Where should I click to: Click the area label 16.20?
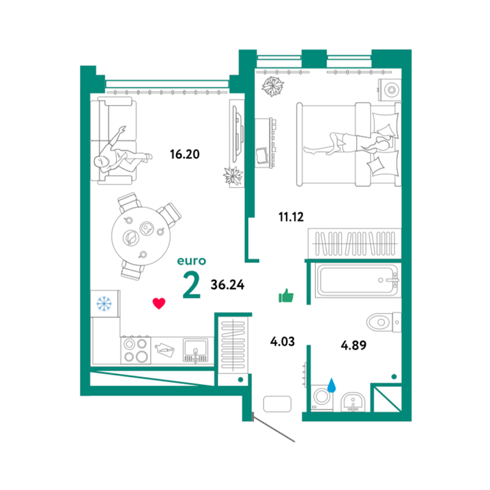coord(184,154)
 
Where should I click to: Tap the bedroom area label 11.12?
coord(291,216)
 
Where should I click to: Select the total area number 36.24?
coord(228,285)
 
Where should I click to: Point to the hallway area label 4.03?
coord(283,341)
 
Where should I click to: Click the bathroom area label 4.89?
coord(353,345)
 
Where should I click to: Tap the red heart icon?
coord(159,304)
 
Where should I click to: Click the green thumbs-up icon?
coord(286,295)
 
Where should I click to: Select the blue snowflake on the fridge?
coord(104,304)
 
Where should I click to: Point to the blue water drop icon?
coord(332,385)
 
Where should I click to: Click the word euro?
coord(191,261)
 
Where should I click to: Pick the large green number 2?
coord(191,285)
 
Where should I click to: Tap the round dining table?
coord(141,236)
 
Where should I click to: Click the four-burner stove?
coord(136,351)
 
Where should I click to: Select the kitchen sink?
coord(196,350)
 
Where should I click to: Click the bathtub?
coord(357,280)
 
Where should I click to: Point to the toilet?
coord(383,322)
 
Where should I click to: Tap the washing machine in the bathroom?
coord(322,397)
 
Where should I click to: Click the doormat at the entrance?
coord(277,404)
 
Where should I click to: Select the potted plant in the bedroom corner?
coord(273,86)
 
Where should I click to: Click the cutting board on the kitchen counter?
coord(165,350)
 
